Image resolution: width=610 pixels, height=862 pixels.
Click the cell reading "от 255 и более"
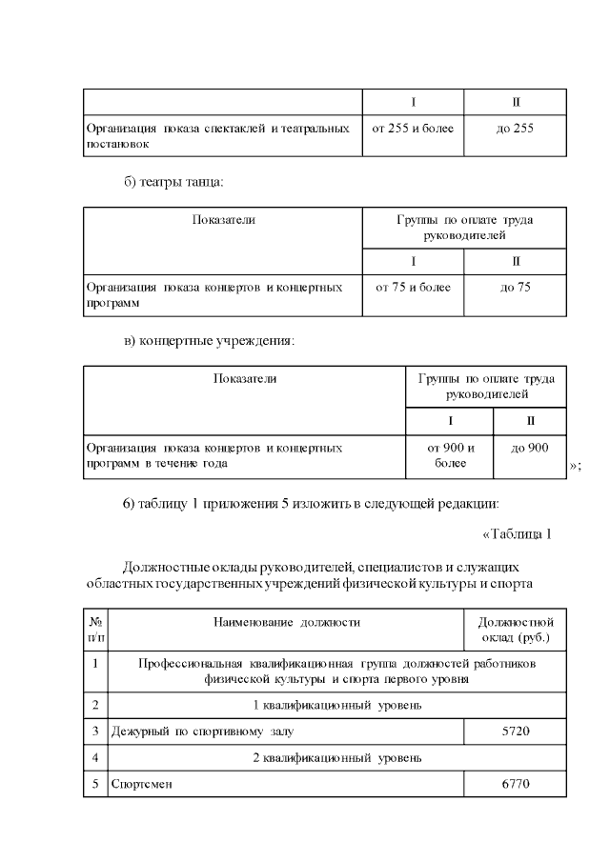[413, 128]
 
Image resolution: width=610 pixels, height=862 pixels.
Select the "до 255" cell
[515, 128]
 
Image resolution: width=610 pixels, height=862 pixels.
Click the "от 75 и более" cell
[413, 287]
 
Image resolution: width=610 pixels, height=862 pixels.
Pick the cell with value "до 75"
[515, 287]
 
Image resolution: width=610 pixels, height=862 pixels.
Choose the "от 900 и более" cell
[450, 455]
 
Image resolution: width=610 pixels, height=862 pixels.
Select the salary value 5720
[515, 732]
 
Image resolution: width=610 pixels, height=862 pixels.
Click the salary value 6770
[515, 784]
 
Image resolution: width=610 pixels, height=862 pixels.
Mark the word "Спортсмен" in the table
[142, 784]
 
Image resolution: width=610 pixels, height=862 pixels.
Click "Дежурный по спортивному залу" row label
[203, 732]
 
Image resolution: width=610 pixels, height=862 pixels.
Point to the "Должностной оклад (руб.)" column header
[515, 630]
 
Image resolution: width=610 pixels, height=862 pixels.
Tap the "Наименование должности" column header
[286, 622]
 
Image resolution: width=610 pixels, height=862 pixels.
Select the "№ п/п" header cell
[95, 630]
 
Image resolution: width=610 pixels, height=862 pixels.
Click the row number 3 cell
[95, 732]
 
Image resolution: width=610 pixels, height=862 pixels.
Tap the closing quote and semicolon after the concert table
[575, 466]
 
